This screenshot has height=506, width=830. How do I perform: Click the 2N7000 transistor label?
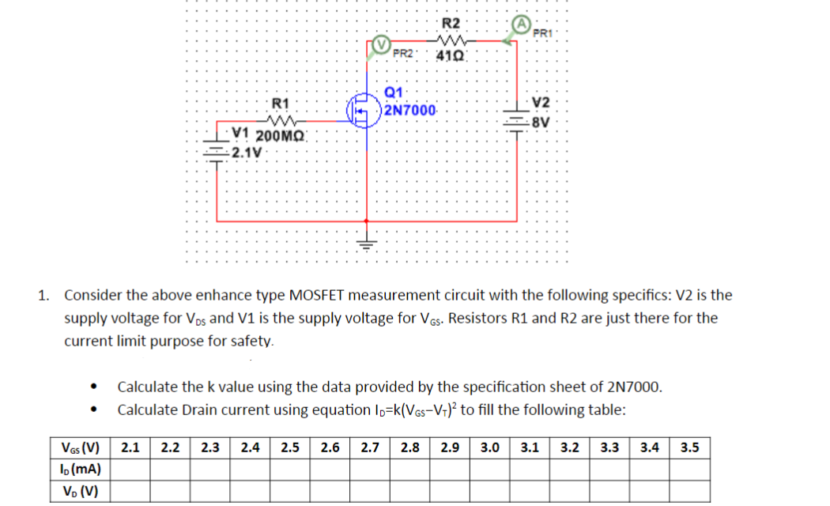tap(410, 110)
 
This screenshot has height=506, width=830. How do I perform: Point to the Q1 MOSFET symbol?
tap(365, 110)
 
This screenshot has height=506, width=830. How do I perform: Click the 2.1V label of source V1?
tap(246, 150)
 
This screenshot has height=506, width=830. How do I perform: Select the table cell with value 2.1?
tap(130, 448)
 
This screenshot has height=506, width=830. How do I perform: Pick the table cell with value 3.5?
tap(689, 448)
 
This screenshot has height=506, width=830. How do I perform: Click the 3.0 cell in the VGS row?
tap(489, 448)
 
